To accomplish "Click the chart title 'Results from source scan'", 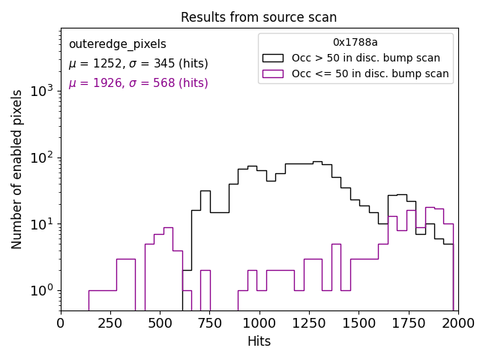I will pyautogui.click(x=259, y=17).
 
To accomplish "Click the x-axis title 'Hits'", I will pyautogui.click(x=259, y=341).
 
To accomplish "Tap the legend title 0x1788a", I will pyautogui.click(x=355, y=43).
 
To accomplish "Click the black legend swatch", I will pyautogui.click(x=273, y=58).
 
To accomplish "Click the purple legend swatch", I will pyautogui.click(x=273, y=73).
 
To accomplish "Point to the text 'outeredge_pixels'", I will pyautogui.click(x=117, y=44).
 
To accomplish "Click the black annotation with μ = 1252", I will pyautogui.click(x=138, y=64).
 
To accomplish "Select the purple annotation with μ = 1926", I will pyautogui.click(x=138, y=83).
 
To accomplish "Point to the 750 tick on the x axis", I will pyautogui.click(x=209, y=322).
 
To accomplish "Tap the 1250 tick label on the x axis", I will pyautogui.click(x=309, y=322).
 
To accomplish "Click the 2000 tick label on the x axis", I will pyautogui.click(x=457, y=322).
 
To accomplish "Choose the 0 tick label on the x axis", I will pyautogui.click(x=61, y=322).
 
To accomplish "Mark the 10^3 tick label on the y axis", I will pyautogui.click(x=42, y=91).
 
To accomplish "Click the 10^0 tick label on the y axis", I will pyautogui.click(x=42, y=290).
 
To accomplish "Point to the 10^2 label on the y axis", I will pyautogui.click(x=42, y=157).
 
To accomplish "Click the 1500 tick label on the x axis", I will pyautogui.click(x=358, y=322).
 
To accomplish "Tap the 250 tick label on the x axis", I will pyautogui.click(x=110, y=322).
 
